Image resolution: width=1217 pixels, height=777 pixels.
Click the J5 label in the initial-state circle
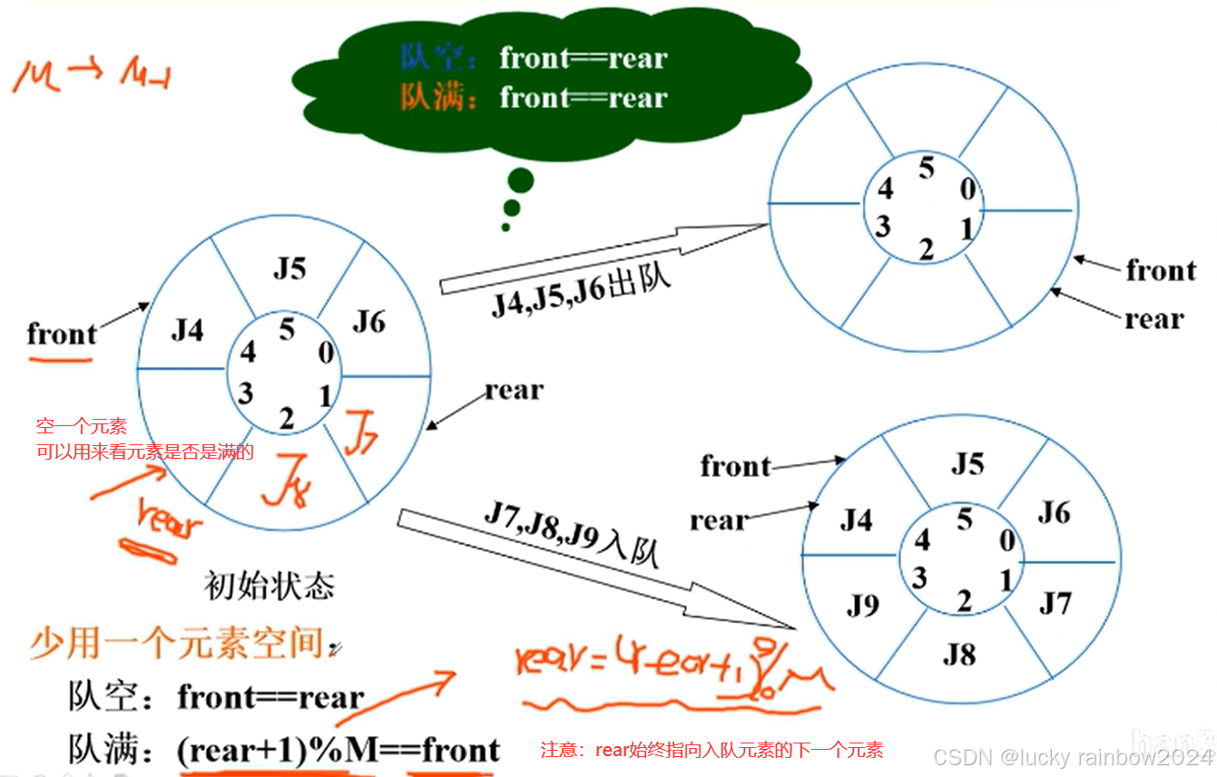(290, 268)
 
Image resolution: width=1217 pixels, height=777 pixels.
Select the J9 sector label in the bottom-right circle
(863, 604)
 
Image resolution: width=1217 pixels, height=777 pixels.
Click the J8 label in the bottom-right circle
(958, 653)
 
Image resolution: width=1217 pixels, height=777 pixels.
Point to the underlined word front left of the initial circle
(62, 335)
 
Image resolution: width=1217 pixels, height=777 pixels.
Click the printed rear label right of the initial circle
(514, 391)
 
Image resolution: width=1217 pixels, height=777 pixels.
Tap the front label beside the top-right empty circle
(1161, 270)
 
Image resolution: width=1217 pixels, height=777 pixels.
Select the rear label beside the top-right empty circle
(1153, 319)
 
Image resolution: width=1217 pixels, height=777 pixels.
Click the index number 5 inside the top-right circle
(926, 168)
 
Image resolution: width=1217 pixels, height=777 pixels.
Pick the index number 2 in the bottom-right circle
(964, 599)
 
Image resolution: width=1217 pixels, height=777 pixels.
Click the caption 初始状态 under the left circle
(270, 585)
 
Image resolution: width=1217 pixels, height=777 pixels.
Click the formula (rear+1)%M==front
(339, 751)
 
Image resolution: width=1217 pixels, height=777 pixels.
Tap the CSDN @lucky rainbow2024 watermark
(1074, 757)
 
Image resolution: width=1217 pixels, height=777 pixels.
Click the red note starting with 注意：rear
(712, 750)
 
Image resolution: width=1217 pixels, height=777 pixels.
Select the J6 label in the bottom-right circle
(1054, 513)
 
